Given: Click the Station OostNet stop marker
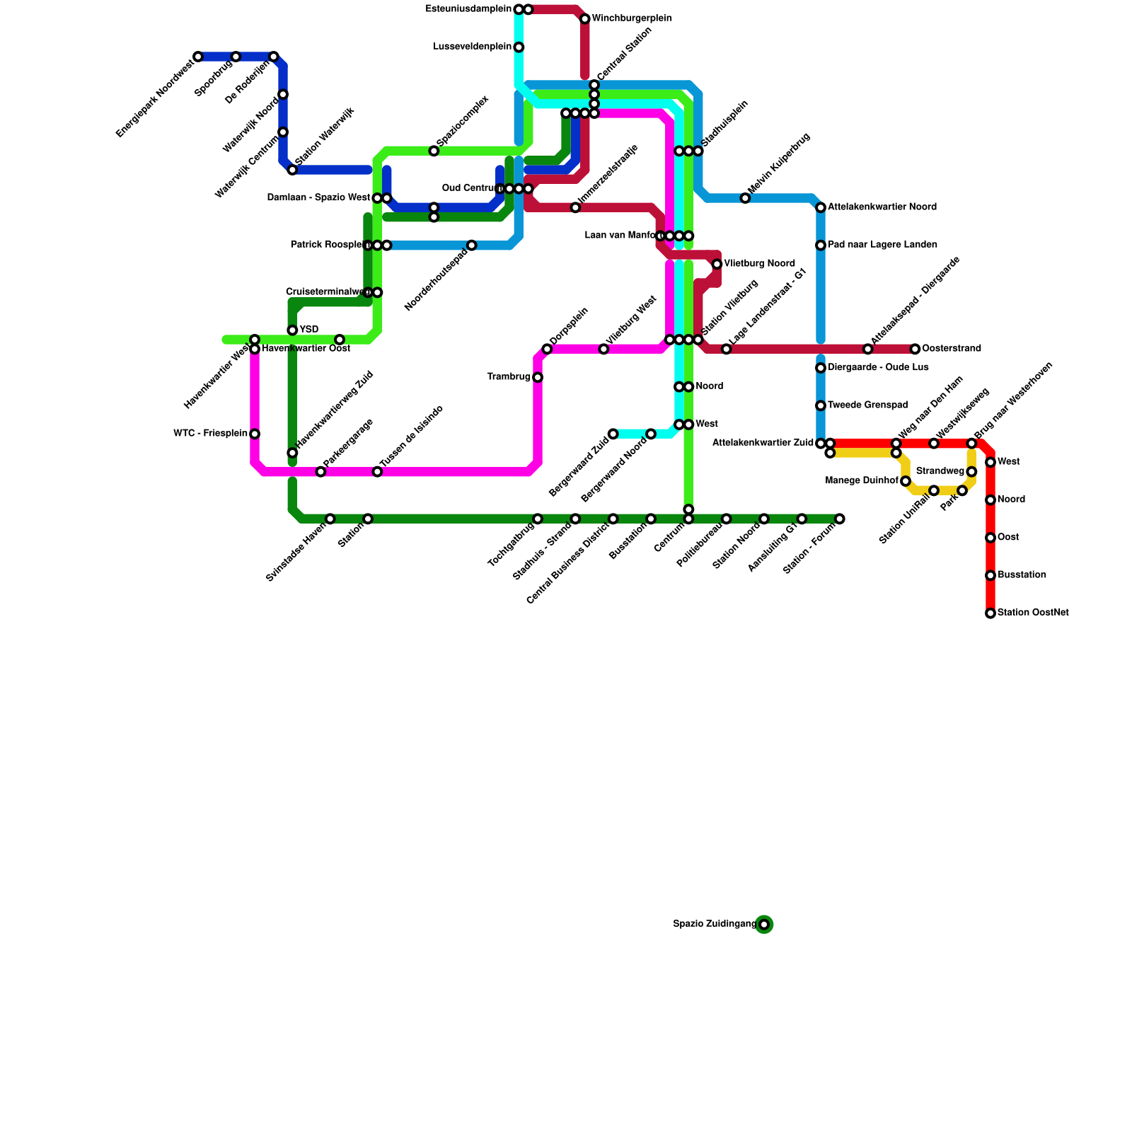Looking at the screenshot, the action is tap(990, 613).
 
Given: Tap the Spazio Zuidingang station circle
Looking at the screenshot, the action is tap(764, 924).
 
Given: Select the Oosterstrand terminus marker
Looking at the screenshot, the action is tap(915, 349).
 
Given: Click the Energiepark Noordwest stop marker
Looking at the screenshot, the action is tap(198, 57).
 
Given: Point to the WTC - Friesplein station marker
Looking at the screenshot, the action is tap(255, 434).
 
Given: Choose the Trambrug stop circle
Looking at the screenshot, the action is tap(538, 377).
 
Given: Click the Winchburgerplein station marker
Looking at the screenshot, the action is tap(585, 18).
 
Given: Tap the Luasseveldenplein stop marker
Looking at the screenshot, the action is tap(519, 47).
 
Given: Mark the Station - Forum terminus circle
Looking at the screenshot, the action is tap(839, 519).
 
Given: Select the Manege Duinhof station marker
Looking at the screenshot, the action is tap(906, 481).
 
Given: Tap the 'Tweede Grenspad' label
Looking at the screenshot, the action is tap(867, 405).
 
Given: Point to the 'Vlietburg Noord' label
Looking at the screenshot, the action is tap(759, 264).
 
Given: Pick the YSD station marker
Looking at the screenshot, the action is tap(292, 330).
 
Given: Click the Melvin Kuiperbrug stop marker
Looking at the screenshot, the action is tap(745, 198).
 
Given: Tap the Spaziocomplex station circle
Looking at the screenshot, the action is tap(434, 151).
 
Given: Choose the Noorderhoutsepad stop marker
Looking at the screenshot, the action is tap(472, 246).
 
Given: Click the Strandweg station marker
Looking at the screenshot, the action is tap(971, 472).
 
